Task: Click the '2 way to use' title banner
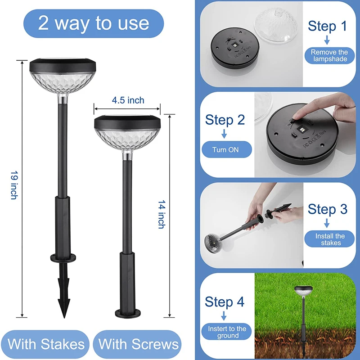(94, 23)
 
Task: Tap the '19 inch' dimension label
(14, 185)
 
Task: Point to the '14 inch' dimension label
(162, 215)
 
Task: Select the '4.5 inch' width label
(128, 100)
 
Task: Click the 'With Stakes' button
(46, 344)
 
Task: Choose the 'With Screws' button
(138, 344)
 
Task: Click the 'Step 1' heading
(327, 26)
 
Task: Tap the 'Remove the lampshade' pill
(329, 55)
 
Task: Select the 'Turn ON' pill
(227, 149)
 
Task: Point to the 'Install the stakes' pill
(329, 239)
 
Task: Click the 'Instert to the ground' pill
(227, 332)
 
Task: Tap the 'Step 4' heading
(225, 301)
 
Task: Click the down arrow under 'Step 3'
(327, 223)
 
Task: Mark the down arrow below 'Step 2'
(224, 133)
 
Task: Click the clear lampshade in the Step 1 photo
(276, 25)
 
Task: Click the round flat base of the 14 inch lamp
(128, 313)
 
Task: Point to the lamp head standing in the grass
(303, 291)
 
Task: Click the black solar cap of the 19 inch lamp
(63, 66)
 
